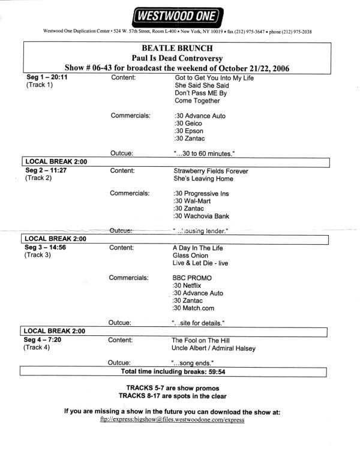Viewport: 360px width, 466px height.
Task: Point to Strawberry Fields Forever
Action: tap(210, 171)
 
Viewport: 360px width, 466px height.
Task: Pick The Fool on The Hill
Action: tap(197, 339)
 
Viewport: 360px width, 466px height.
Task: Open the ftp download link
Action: tap(172, 420)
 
